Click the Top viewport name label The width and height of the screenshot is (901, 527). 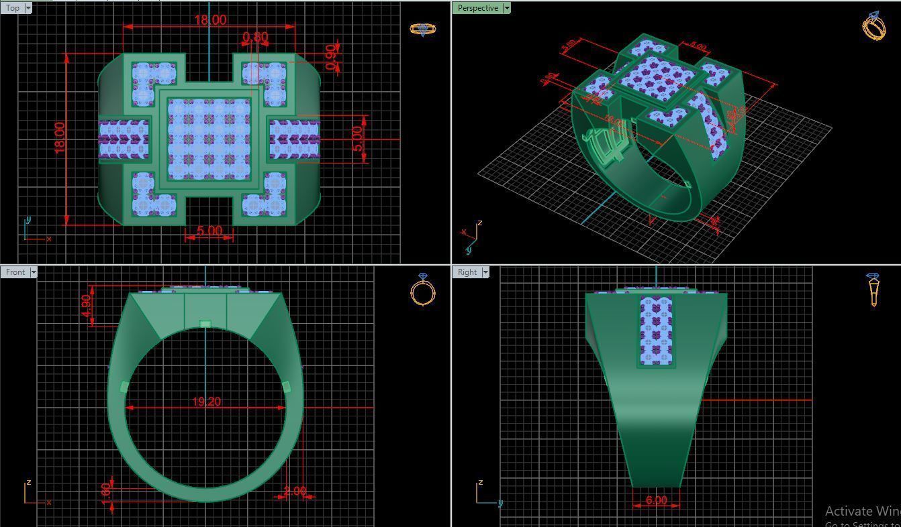(12, 8)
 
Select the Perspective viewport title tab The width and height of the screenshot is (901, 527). (477, 8)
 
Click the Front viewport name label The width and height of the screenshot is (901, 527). (15, 272)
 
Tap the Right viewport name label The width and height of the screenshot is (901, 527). (467, 272)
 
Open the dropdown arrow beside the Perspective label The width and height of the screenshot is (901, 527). (507, 8)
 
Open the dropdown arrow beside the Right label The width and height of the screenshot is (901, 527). (485, 272)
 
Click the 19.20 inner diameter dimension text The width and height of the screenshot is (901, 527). (206, 402)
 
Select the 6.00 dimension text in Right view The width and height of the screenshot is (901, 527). (656, 500)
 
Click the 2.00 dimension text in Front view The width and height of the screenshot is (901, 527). (295, 491)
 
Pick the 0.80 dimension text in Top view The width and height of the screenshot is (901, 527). (255, 38)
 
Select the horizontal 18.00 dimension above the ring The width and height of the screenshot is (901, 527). (210, 20)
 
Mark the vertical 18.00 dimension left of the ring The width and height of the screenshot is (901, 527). (60, 137)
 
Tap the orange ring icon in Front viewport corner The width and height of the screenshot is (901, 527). (422, 290)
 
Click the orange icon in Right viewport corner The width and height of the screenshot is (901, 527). (873, 290)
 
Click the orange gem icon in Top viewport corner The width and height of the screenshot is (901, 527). (422, 29)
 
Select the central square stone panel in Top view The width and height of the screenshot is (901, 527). (209, 139)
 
